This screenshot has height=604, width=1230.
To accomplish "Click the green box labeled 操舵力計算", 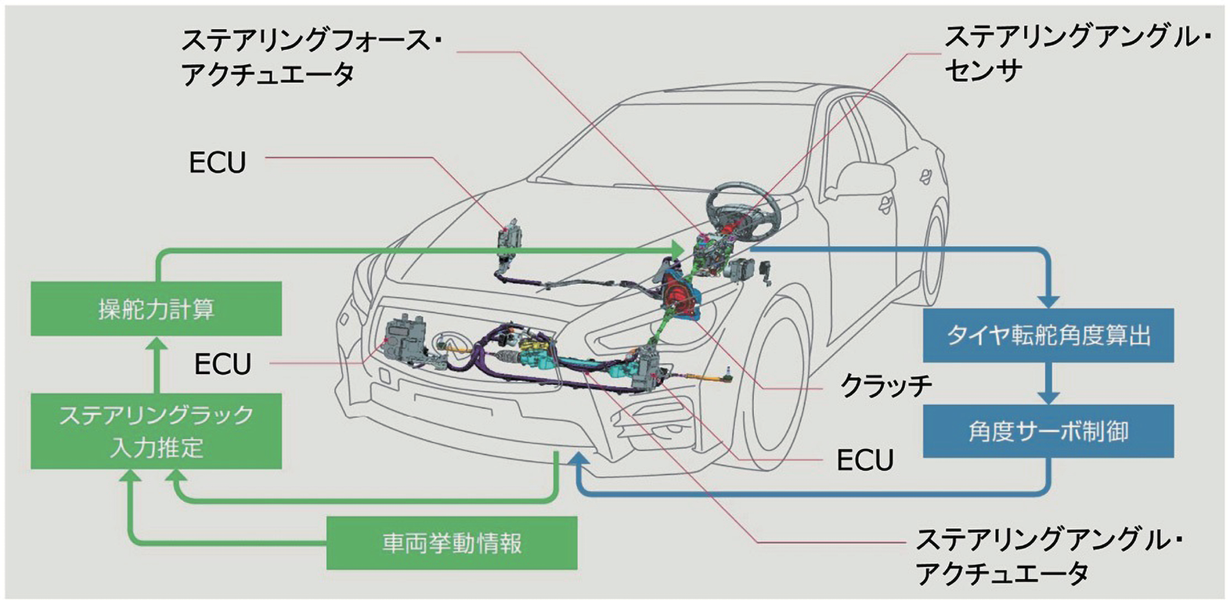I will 156,309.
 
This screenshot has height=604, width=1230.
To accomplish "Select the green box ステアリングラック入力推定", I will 156,431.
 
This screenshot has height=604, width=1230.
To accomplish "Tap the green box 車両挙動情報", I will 452,543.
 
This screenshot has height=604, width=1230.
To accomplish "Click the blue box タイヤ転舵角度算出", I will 1048,335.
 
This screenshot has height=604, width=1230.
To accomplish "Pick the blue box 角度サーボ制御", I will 1048,431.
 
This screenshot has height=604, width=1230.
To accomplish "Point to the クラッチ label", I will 886,385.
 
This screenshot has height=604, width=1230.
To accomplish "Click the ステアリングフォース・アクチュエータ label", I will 309,56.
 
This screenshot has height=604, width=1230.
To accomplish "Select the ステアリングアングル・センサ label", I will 1077,53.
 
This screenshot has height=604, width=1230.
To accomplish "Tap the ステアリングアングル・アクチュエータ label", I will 1049,556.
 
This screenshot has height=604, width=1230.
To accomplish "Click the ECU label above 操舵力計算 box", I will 218,162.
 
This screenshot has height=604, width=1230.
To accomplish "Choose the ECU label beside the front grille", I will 222,364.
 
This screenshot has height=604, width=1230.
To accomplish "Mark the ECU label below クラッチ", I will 864,460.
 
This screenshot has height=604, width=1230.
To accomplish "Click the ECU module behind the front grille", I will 408,340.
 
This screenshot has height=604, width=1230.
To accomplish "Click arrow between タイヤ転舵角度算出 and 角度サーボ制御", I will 1048,385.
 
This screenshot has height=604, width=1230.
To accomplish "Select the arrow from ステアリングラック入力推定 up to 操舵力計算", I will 157,365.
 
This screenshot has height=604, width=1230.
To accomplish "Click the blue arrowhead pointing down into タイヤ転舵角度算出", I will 1048,300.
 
